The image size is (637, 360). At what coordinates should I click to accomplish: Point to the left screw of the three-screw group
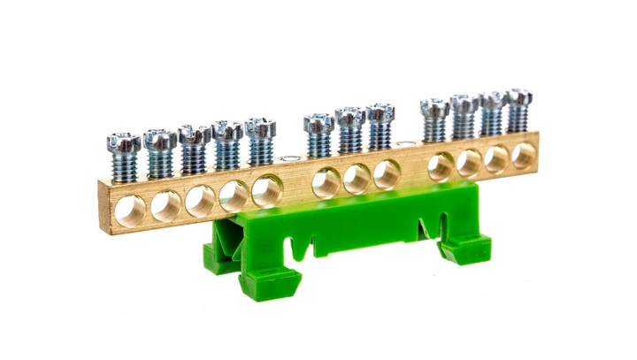coord(318,121)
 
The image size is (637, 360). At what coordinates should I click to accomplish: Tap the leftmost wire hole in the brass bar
coord(132,211)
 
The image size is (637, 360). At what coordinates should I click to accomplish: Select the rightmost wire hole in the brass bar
coord(524,155)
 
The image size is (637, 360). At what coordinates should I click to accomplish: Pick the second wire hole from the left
coord(165,206)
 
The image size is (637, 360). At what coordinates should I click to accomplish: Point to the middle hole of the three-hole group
coord(357,179)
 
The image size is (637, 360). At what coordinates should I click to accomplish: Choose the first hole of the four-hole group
coord(441,166)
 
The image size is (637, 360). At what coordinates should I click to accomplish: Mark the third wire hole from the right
coord(469,163)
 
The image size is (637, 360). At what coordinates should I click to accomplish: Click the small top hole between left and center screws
coord(289,159)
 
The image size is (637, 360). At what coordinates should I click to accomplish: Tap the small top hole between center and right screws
coord(405,143)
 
